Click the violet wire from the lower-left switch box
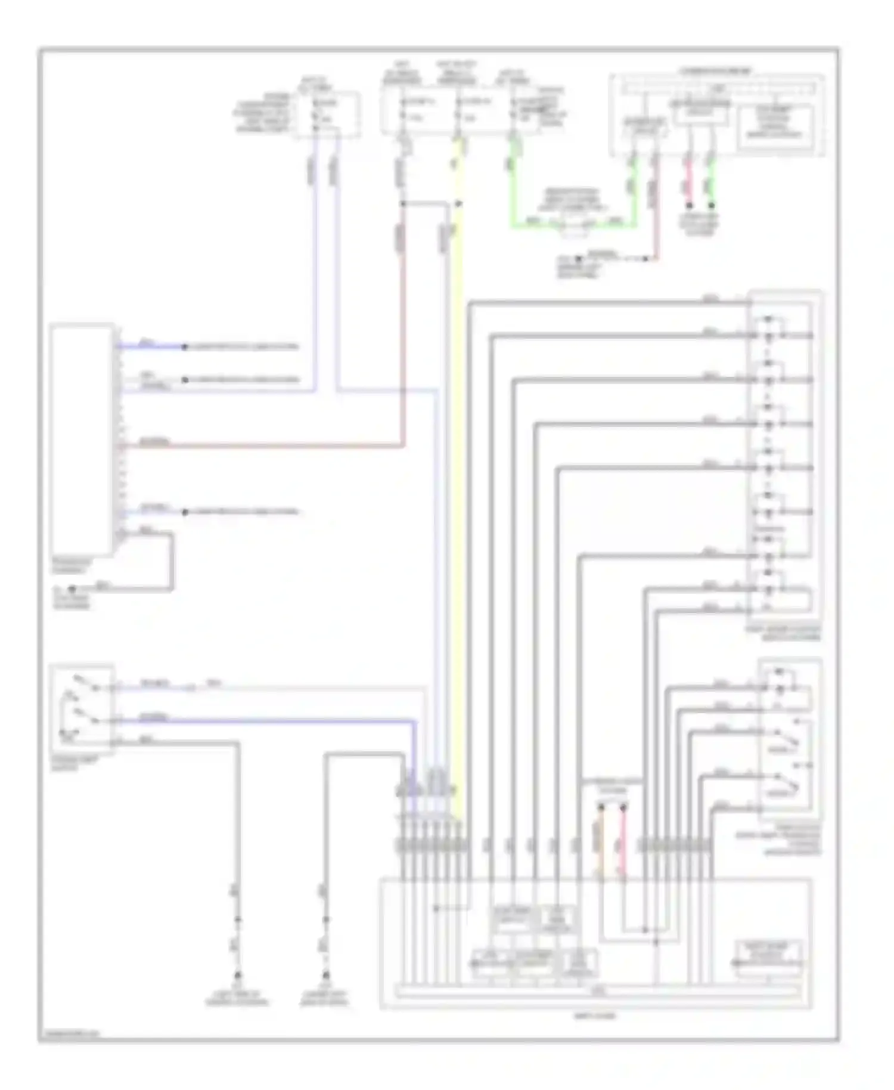(268, 721)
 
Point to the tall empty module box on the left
(82, 439)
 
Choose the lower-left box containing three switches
(82, 707)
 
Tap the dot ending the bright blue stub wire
(185, 346)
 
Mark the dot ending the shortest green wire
(711, 205)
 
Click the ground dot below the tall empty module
(72, 589)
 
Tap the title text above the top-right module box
(715, 71)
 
